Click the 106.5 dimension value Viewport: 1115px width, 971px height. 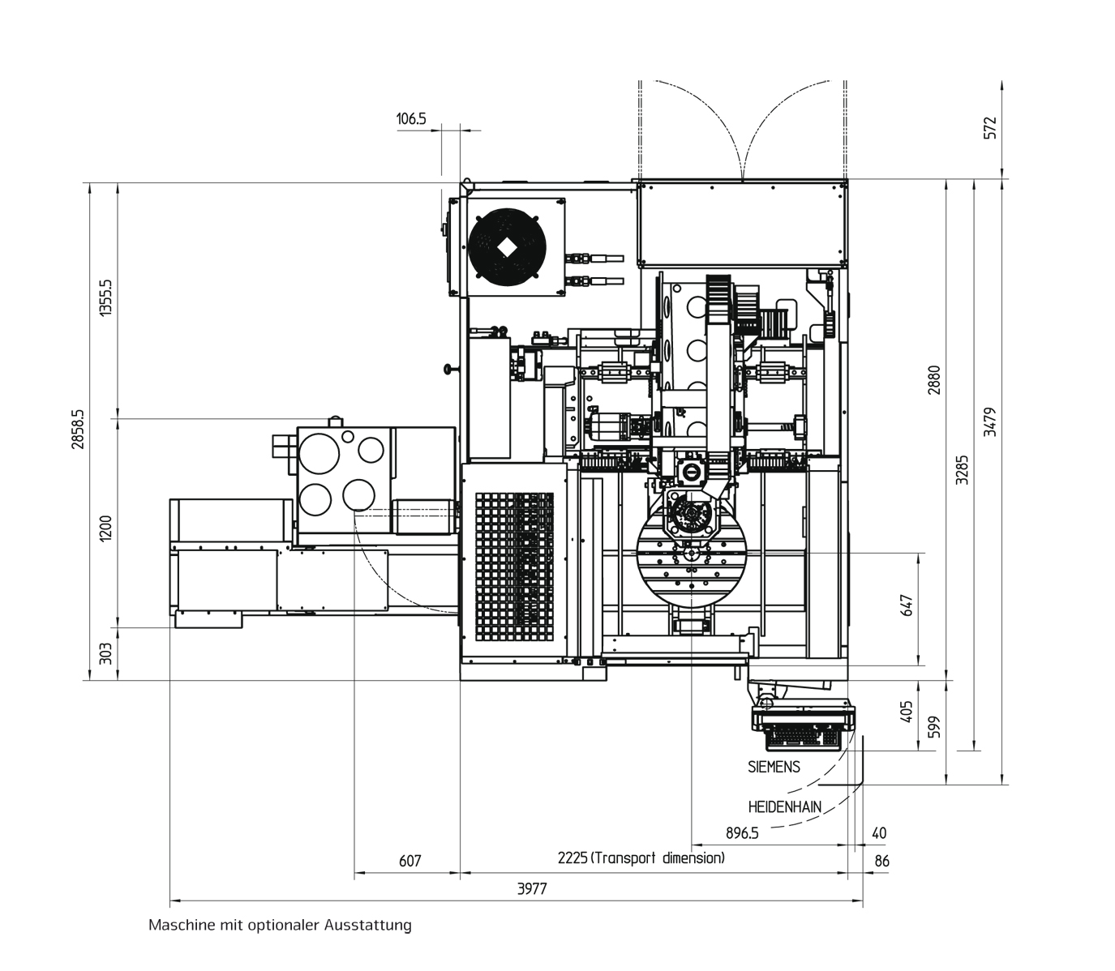click(411, 118)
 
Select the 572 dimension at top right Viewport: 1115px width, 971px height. click(990, 128)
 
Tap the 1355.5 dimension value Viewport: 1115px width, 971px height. click(105, 298)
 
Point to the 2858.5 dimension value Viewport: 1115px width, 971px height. click(78, 430)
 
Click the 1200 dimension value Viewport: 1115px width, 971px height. click(105, 528)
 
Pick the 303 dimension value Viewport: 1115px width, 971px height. click(105, 654)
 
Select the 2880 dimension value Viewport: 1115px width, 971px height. click(935, 380)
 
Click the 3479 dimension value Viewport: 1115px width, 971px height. click(990, 422)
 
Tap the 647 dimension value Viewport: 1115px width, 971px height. click(907, 605)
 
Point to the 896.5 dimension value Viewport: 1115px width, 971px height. click(742, 833)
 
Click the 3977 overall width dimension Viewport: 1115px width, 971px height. click(532, 889)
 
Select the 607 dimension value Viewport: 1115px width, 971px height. click(410, 861)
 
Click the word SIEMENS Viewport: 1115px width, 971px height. click(774, 768)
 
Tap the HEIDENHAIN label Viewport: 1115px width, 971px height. click(785, 807)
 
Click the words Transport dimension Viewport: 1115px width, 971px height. click(658, 858)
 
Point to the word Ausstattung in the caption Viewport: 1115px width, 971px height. click(368, 926)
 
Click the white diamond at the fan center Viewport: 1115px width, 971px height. click(507, 248)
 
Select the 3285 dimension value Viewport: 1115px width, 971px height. click(963, 470)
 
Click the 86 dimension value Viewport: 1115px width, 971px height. click(881, 861)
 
